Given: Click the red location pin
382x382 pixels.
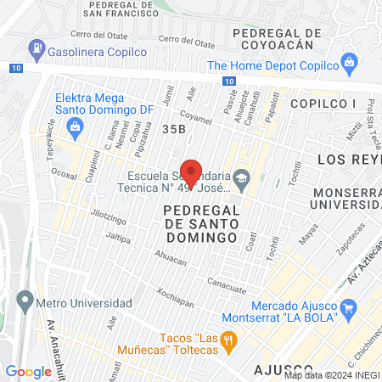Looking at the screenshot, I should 191,172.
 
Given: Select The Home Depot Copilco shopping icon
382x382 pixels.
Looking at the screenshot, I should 348,62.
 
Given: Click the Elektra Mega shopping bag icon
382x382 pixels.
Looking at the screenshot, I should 75,126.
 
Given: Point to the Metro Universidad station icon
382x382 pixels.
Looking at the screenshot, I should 24,299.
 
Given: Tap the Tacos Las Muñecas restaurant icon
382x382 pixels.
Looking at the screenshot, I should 228,340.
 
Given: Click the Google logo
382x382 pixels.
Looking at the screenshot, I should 28,371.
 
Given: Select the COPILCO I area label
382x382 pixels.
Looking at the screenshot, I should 322,103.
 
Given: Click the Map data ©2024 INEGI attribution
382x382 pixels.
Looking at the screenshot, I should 331,375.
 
